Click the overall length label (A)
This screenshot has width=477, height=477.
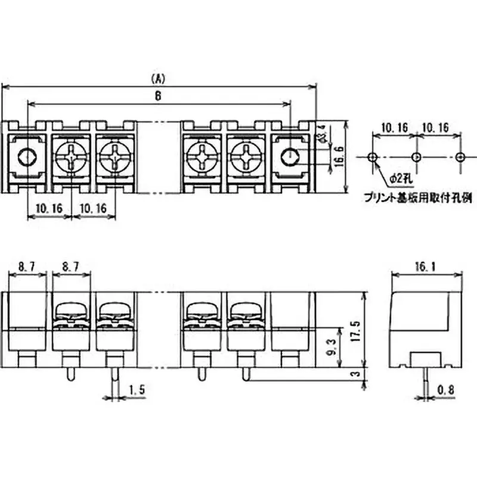point(158,79)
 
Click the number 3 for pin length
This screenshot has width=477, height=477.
point(356,374)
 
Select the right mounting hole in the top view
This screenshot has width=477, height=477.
point(289,157)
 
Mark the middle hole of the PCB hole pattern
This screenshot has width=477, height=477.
point(416,157)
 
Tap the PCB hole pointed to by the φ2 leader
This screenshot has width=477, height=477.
point(373,157)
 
